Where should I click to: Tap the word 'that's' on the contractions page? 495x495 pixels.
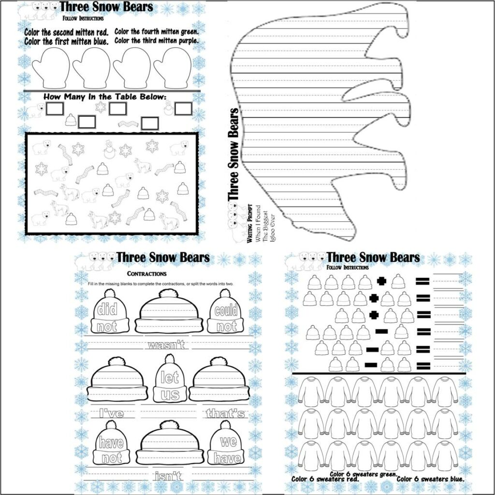[226, 413]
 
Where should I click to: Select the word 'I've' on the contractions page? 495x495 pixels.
[111, 413]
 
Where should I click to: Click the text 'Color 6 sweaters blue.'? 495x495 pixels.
[430, 479]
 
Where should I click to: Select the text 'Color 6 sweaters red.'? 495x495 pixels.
[325, 479]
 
